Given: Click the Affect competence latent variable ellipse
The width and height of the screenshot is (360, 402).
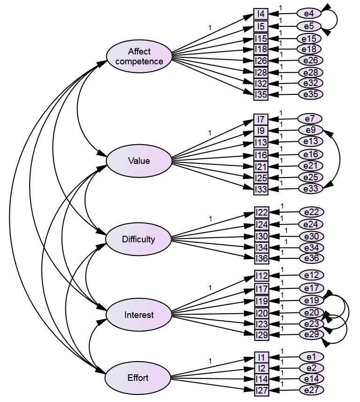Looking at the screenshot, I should (x=139, y=56).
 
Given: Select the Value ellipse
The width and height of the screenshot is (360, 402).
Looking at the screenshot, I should (x=139, y=161).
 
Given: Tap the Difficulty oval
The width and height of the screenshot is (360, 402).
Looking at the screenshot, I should (x=139, y=240).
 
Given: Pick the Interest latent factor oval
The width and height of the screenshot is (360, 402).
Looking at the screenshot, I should (x=139, y=315).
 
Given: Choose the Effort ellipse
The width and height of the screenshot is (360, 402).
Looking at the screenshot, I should (x=138, y=378).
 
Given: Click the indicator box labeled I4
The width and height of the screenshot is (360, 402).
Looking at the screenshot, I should (x=260, y=14).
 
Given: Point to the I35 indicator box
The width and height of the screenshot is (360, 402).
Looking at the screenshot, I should (x=261, y=94).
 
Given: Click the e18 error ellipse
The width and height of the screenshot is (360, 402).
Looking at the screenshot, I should (x=310, y=49).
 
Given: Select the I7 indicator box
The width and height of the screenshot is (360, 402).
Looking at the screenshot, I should (x=261, y=119).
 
